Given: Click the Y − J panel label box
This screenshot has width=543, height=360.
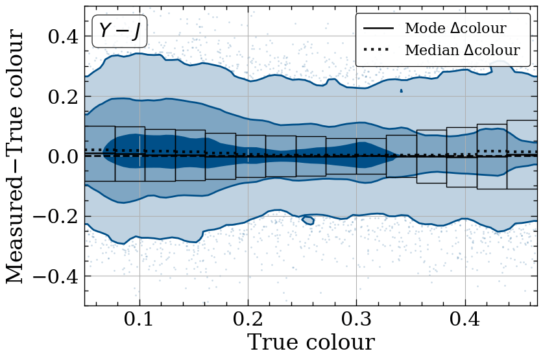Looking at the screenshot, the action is tap(119, 31).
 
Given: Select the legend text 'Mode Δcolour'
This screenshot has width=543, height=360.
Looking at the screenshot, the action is tap(455, 28).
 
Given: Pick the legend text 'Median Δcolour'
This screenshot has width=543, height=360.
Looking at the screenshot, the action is tap(463, 50).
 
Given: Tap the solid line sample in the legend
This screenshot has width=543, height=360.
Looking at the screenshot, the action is tap(378, 28).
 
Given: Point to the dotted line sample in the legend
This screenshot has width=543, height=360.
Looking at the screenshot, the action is tap(376, 50).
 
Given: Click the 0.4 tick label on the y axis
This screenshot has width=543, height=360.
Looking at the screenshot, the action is tap(63, 37).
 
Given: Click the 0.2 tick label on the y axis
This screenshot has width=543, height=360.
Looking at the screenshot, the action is tap(63, 97).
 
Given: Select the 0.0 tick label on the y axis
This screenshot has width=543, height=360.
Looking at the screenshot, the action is tap(63, 157).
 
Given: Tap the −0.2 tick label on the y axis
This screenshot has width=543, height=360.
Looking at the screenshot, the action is tap(55, 217).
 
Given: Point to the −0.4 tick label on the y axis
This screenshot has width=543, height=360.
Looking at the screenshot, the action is tap(55, 276).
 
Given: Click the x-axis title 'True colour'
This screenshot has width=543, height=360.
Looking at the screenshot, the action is tap(311, 342).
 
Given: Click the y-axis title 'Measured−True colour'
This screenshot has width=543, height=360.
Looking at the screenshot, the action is tap(14, 156).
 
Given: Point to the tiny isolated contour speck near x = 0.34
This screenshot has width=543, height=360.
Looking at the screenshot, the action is tap(402, 91).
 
